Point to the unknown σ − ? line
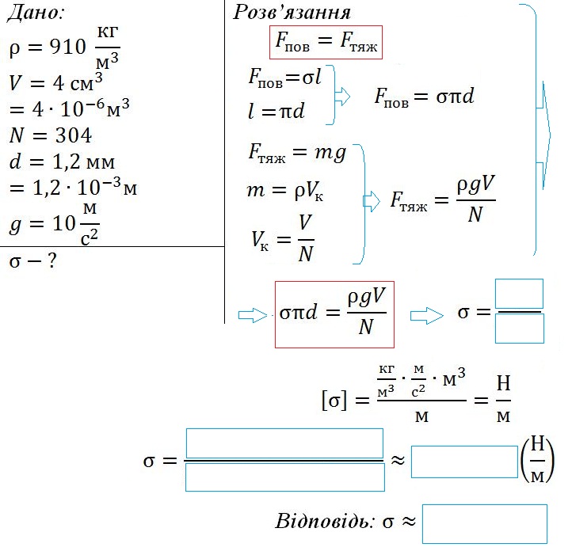32,260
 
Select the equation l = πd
276,111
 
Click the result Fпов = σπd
424,97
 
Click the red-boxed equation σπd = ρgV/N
334,313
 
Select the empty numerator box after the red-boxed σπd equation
519,294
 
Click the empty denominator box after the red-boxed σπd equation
519,329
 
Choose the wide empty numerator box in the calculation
284,443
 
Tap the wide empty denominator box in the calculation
284,477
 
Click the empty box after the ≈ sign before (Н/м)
464,462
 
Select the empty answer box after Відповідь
485,523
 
